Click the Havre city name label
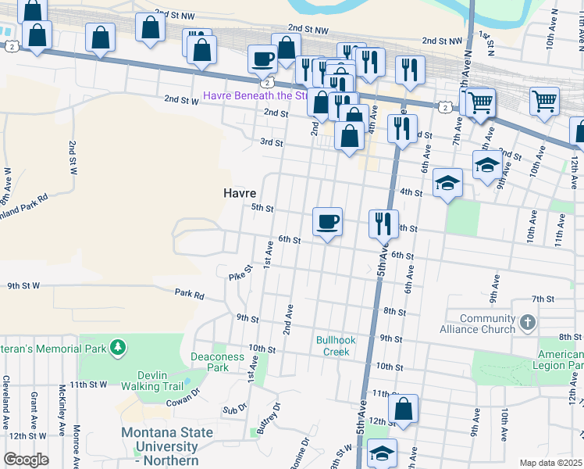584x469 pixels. pos(240,193)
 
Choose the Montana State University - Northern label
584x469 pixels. pos(166,446)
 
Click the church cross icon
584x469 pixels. pos(529,322)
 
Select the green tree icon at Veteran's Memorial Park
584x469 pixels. pos(117,346)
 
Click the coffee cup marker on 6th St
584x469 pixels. pos(327,221)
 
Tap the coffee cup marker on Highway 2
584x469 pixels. pos(262,58)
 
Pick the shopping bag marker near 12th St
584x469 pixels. pos(403,408)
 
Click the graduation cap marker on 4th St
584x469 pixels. pos(447,183)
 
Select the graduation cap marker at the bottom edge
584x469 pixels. pos(382,453)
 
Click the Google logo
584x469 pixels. pos(26,460)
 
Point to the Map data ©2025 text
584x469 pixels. pos(550,463)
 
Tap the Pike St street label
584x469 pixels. pos(240,272)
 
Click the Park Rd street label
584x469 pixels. pos(189,295)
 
